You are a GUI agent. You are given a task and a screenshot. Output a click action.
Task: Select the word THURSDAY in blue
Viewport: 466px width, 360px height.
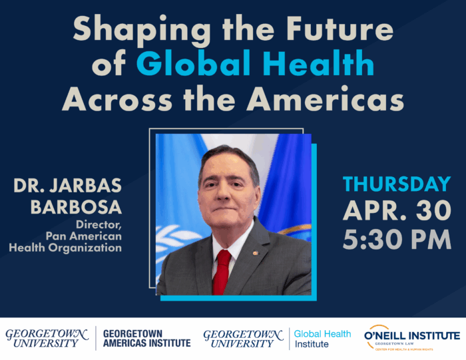tap(397, 184)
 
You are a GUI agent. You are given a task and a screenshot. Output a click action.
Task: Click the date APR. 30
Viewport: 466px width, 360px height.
tap(397, 212)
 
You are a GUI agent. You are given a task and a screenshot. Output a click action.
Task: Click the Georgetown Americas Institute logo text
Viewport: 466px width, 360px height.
tap(146, 338)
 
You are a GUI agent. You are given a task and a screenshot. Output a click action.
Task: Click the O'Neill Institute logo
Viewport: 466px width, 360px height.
tap(411, 338)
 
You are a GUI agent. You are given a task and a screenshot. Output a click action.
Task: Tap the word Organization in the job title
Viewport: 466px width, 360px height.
tap(93, 248)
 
